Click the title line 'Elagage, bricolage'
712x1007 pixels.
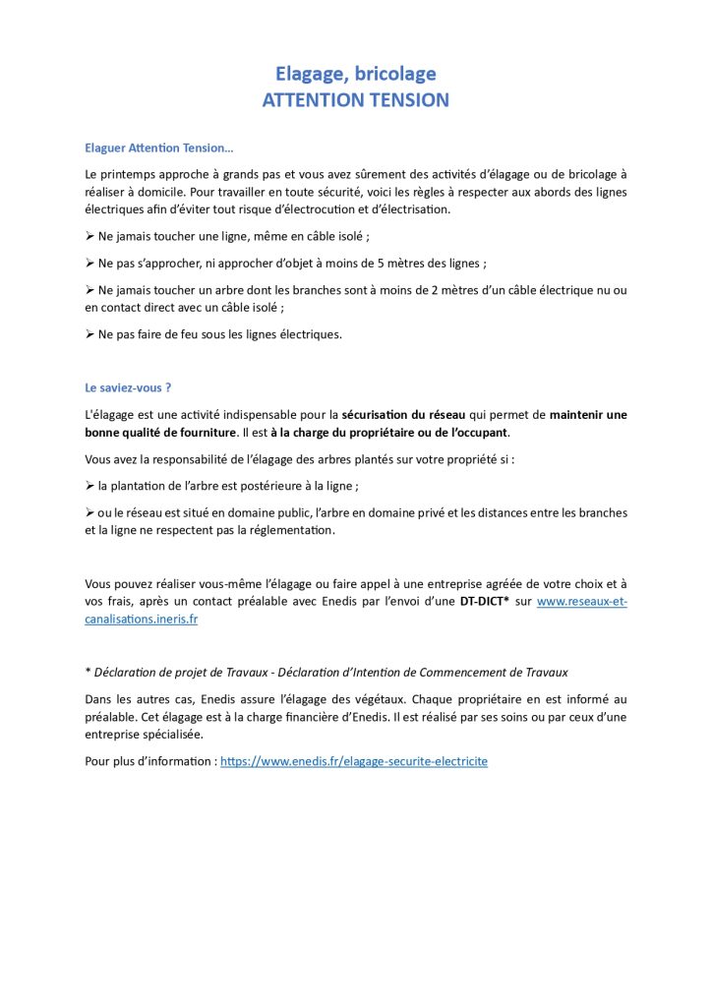tap(355, 74)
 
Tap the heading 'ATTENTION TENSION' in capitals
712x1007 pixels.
tap(355, 100)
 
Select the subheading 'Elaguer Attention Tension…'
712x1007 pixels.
tap(159, 148)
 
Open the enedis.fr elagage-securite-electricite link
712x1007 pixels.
tap(354, 761)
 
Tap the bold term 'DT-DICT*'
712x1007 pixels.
tap(485, 600)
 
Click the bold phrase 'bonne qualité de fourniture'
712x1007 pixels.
tap(161, 433)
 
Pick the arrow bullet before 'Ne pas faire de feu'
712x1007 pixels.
tap(90, 334)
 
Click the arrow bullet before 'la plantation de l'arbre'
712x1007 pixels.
tap(90, 486)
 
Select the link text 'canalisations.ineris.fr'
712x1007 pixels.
tap(142, 619)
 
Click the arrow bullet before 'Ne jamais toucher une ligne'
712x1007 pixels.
tap(90, 238)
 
